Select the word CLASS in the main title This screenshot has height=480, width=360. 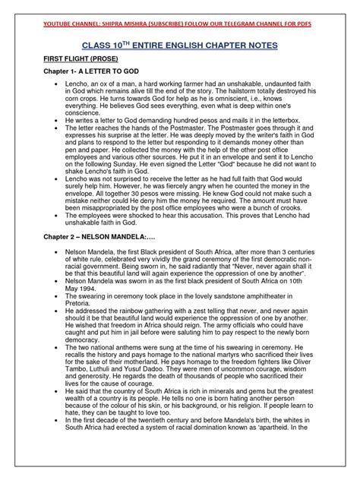point(109,47)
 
